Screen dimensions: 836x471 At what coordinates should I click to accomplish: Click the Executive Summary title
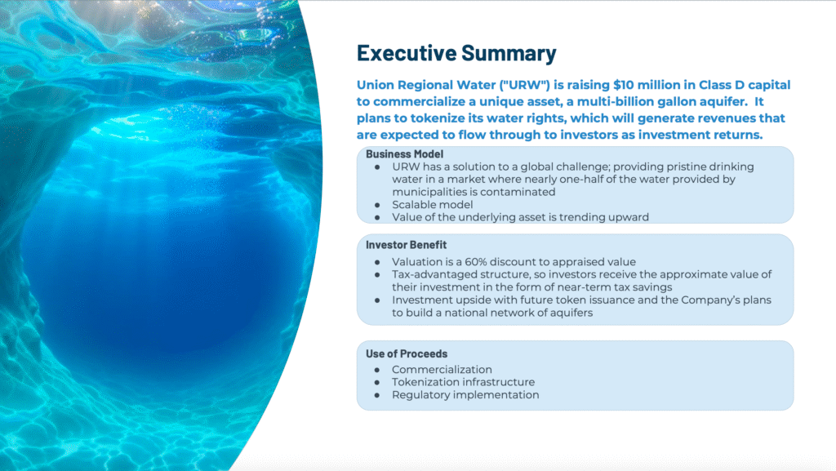tap(456, 53)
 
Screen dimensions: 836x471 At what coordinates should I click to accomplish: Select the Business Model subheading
tap(405, 154)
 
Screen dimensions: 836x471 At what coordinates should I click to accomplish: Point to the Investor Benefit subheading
tap(407, 245)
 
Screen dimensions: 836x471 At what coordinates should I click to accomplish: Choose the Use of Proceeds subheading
tap(407, 353)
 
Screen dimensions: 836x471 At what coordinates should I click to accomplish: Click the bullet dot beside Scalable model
tap(377, 205)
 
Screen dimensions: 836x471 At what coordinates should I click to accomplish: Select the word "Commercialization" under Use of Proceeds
tap(442, 370)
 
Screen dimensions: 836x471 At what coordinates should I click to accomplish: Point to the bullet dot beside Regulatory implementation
tap(377, 395)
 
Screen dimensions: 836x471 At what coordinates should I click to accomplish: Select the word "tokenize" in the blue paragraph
tap(438, 118)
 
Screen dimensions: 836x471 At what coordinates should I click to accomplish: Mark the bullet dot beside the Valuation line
tap(377, 262)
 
